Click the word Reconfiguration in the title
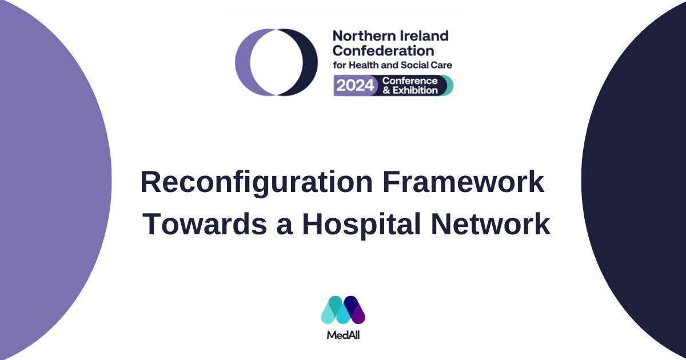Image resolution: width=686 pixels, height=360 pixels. [x=256, y=183]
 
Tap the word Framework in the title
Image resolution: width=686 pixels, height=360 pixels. [x=463, y=182]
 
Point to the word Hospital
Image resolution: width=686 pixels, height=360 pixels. [x=361, y=225]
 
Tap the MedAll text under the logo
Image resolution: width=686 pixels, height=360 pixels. [x=343, y=335]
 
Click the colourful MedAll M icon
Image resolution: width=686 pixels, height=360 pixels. [x=343, y=310]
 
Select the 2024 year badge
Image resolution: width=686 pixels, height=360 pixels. [x=355, y=85]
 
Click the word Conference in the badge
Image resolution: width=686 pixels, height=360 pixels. [x=410, y=81]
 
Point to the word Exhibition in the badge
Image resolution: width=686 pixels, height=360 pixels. [x=415, y=90]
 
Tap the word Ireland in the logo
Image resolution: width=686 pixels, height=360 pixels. [x=420, y=36]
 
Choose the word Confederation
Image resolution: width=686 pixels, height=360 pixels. [x=384, y=51]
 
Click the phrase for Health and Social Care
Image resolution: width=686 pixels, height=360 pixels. [x=393, y=65]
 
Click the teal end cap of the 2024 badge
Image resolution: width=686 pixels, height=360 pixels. [x=449, y=85]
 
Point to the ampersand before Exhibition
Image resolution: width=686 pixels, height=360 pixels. [x=386, y=91]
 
